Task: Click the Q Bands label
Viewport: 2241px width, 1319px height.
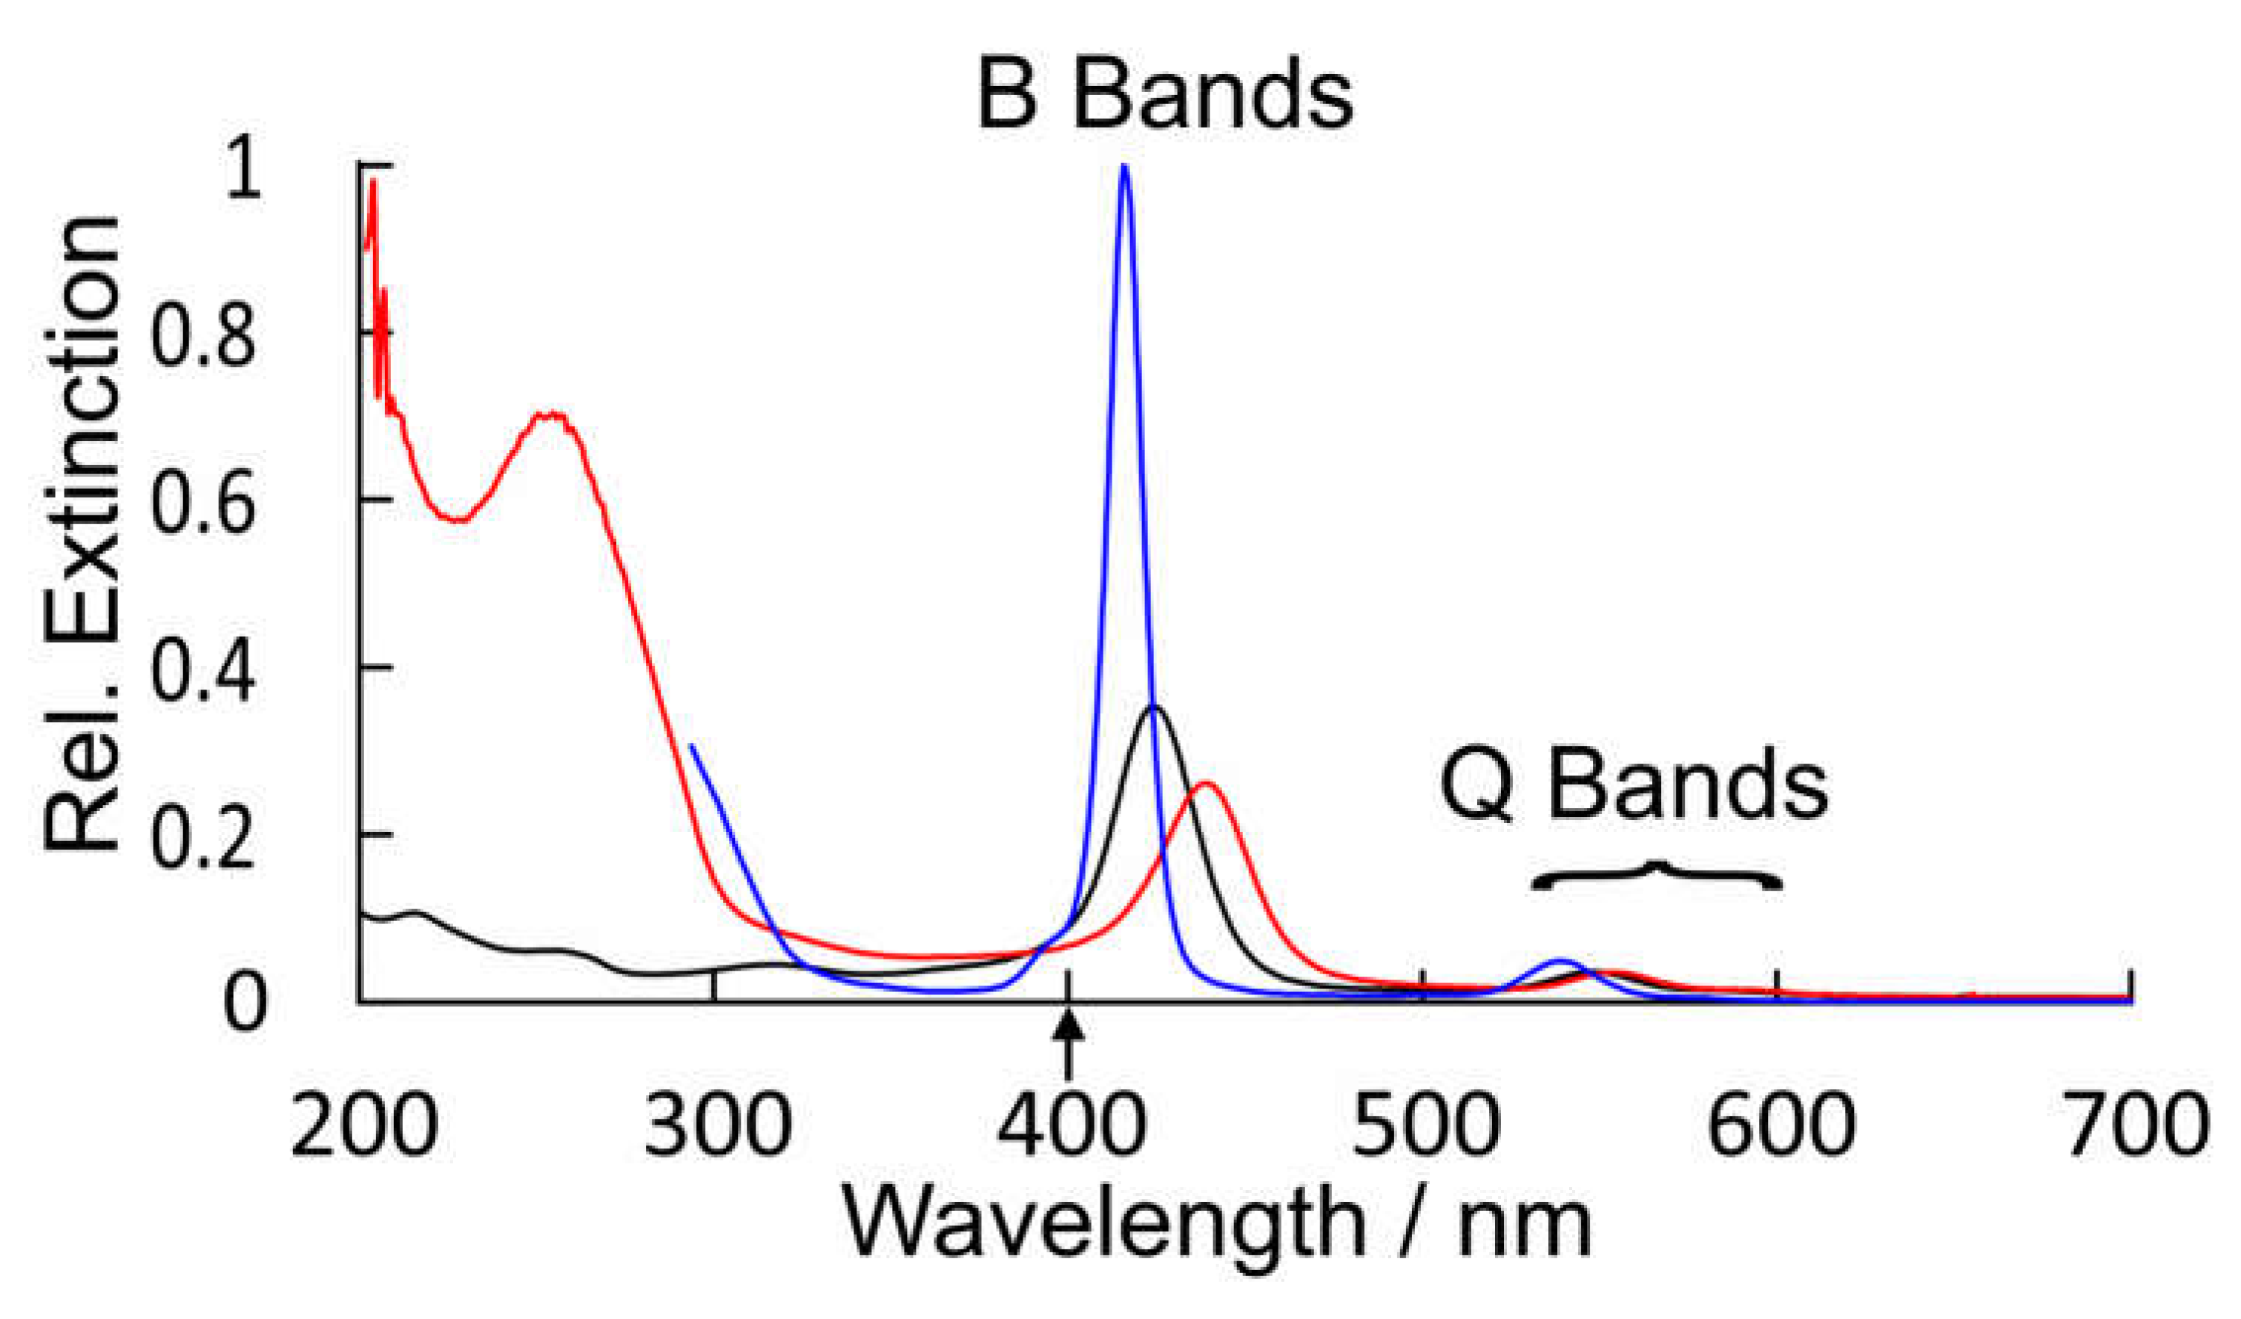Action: point(1634,787)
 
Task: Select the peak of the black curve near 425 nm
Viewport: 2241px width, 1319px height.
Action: point(1153,708)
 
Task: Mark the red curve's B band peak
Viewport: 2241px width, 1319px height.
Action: point(1207,784)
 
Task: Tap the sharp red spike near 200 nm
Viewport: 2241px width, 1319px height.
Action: point(372,182)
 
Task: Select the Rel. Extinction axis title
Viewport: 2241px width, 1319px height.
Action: point(82,534)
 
